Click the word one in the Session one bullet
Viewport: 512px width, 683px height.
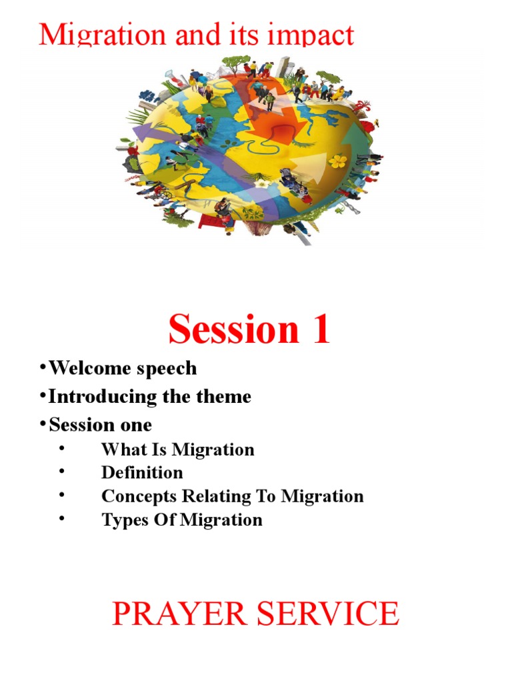pyautogui.click(x=137, y=425)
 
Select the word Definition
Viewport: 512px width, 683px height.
pyautogui.click(x=142, y=473)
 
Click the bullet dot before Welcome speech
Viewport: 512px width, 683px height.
pyautogui.click(x=42, y=368)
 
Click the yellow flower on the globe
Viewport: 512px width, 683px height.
pyautogui.click(x=339, y=161)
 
